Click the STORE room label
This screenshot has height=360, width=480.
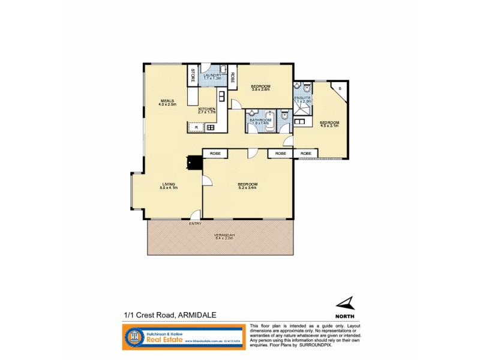point(193,76)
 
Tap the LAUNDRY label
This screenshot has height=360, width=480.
point(212,75)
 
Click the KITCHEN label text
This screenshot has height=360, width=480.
point(206,109)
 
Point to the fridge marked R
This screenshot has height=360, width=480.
point(196,127)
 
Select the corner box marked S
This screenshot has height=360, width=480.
point(340,89)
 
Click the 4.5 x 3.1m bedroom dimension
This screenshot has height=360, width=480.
point(329,126)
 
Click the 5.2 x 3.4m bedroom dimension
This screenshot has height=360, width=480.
point(247,188)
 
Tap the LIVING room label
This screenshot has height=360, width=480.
point(168,184)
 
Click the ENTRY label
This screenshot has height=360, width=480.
point(195,224)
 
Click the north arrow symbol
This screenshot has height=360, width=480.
point(344,304)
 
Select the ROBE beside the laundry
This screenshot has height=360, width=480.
point(233,76)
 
